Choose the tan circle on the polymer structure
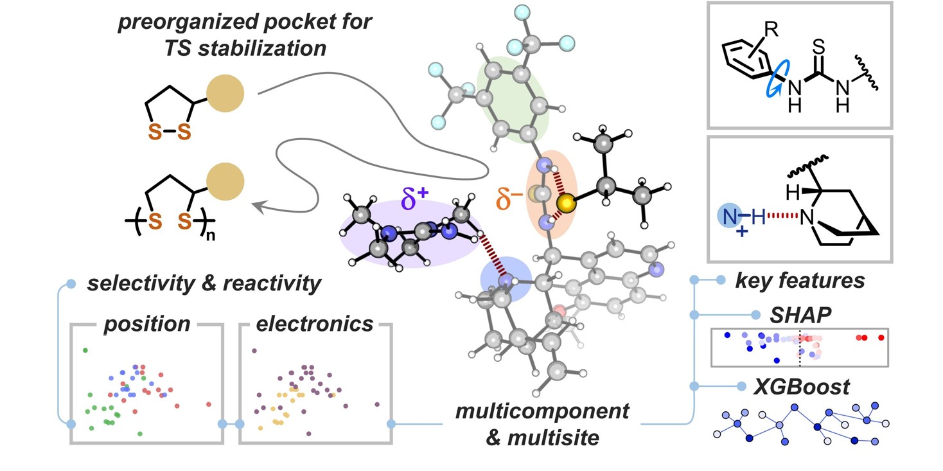(225, 181)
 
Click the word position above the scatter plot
(147, 324)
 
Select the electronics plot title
(315, 324)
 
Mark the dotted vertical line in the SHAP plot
(800, 346)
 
